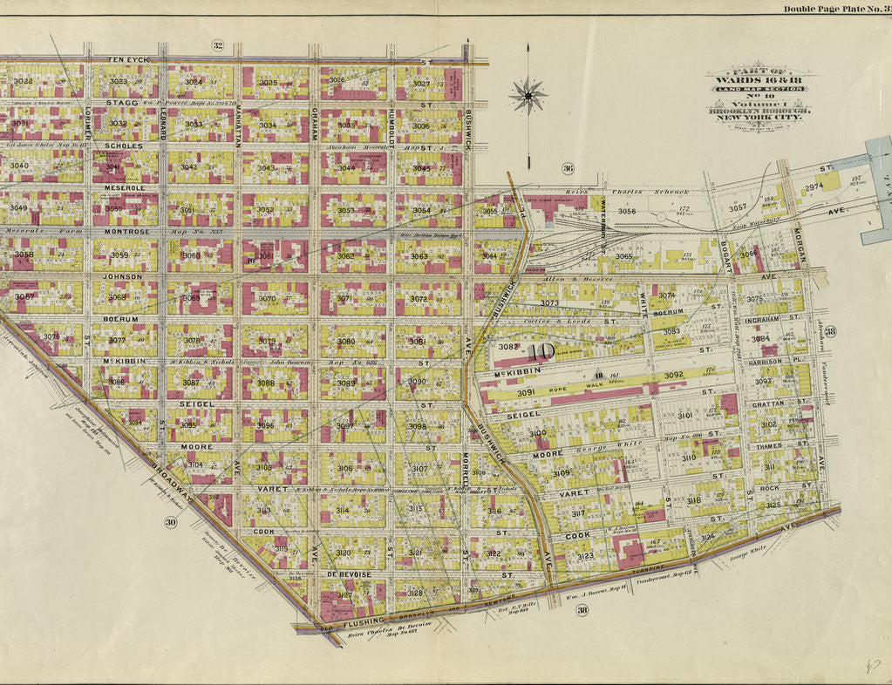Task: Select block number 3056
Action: (x=627, y=211)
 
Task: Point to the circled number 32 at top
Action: (x=217, y=45)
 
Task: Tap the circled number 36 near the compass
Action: (x=569, y=168)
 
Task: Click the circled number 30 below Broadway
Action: (x=171, y=522)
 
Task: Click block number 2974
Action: (x=814, y=187)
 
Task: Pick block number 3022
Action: (x=24, y=81)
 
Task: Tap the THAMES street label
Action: (x=769, y=446)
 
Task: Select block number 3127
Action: (x=344, y=595)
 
